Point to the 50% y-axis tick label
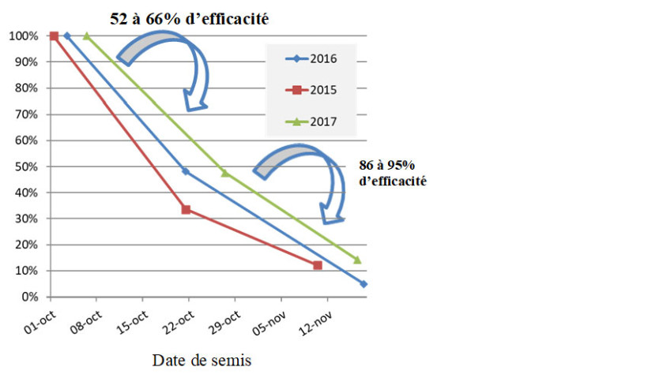click(24, 167)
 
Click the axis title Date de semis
click(202, 361)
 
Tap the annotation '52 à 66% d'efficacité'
click(190, 17)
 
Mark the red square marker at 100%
click(54, 36)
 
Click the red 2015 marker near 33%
click(186, 209)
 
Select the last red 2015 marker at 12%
click(318, 265)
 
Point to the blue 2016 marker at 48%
click(186, 171)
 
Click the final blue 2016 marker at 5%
click(364, 283)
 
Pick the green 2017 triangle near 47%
click(225, 173)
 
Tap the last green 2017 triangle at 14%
click(357, 260)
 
